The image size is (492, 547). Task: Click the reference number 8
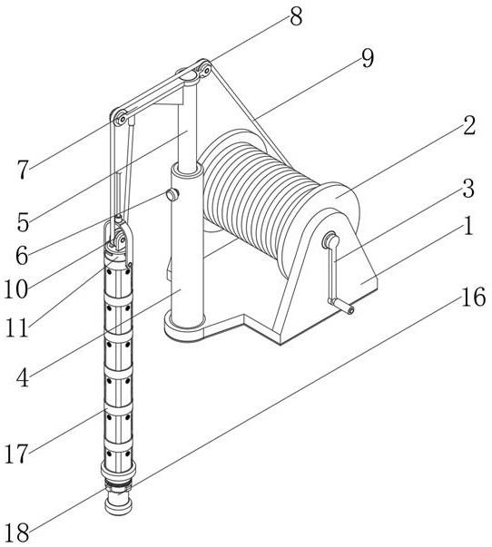coord(296,16)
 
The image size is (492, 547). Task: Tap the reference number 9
coord(368,58)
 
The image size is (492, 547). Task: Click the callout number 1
coord(467,225)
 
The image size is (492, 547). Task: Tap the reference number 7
coord(23,171)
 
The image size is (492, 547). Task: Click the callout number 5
coord(23,222)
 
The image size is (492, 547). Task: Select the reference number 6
coord(22,256)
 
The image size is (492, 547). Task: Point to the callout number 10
coord(16,289)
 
